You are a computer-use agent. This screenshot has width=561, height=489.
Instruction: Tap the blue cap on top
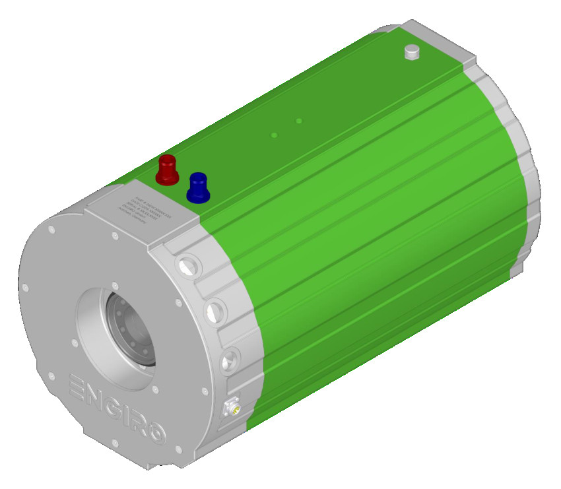click(x=197, y=187)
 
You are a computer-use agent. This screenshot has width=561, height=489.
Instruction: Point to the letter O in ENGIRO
click(x=155, y=434)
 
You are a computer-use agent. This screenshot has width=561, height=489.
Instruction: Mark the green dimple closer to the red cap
click(x=275, y=135)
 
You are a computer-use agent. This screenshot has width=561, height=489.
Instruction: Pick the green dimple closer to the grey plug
click(x=299, y=121)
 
